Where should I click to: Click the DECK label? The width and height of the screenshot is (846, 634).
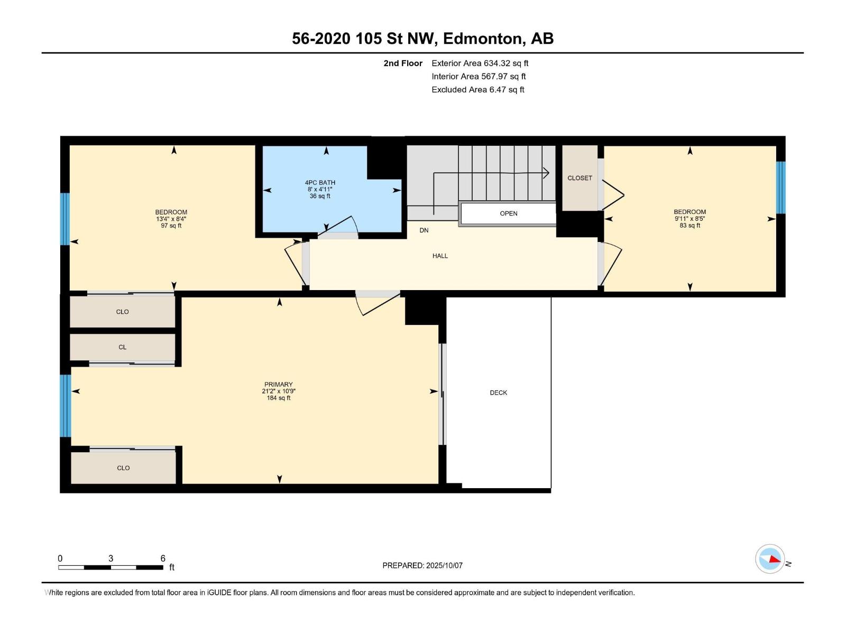(498, 393)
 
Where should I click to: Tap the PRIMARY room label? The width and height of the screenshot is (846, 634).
(278, 384)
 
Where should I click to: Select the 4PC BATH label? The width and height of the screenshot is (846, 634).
(320, 182)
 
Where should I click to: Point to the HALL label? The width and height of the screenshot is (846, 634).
(440, 256)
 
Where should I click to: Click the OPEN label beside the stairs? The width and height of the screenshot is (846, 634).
(508, 213)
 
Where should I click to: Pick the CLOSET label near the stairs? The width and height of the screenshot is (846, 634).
(580, 178)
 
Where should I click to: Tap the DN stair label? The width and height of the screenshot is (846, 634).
(424, 230)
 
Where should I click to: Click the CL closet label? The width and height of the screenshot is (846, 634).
(122, 347)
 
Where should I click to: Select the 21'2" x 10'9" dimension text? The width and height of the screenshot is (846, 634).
(278, 391)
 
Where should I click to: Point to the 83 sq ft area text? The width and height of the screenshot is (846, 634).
(689, 225)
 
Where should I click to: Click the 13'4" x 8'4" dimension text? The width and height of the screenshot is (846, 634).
(171, 219)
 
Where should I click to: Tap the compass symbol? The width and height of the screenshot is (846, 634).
(770, 559)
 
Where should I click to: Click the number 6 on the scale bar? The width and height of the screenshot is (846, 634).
(163, 558)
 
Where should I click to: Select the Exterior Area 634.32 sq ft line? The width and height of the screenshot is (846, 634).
(480, 63)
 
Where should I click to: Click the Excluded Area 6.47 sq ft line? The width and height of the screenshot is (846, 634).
(478, 90)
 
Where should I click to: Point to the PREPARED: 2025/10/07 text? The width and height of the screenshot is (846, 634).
(422, 565)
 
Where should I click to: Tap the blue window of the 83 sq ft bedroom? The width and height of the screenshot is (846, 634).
(780, 188)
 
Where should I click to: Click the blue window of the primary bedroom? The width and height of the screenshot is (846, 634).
(66, 406)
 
